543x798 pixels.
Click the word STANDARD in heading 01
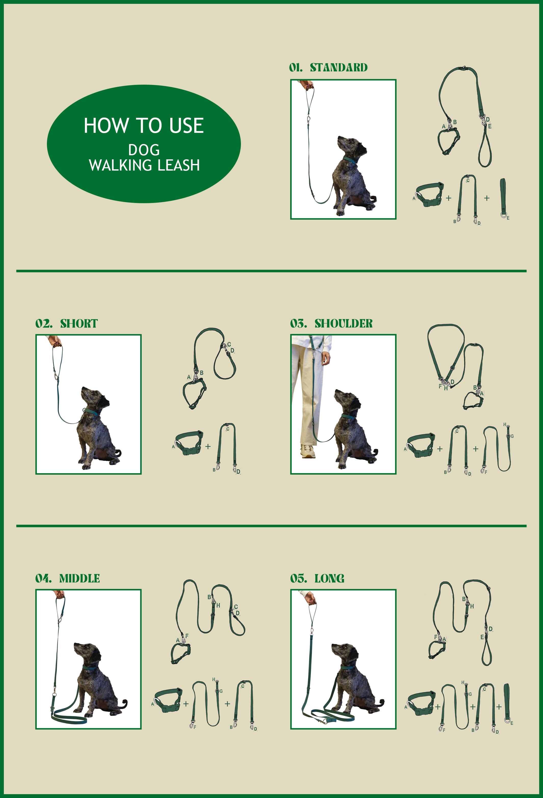point(339,68)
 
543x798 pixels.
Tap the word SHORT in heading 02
point(79,324)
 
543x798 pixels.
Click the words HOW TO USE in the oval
point(144,125)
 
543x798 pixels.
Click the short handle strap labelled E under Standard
point(503,198)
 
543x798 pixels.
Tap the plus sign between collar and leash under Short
point(208,446)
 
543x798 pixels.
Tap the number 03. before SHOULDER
point(298,324)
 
